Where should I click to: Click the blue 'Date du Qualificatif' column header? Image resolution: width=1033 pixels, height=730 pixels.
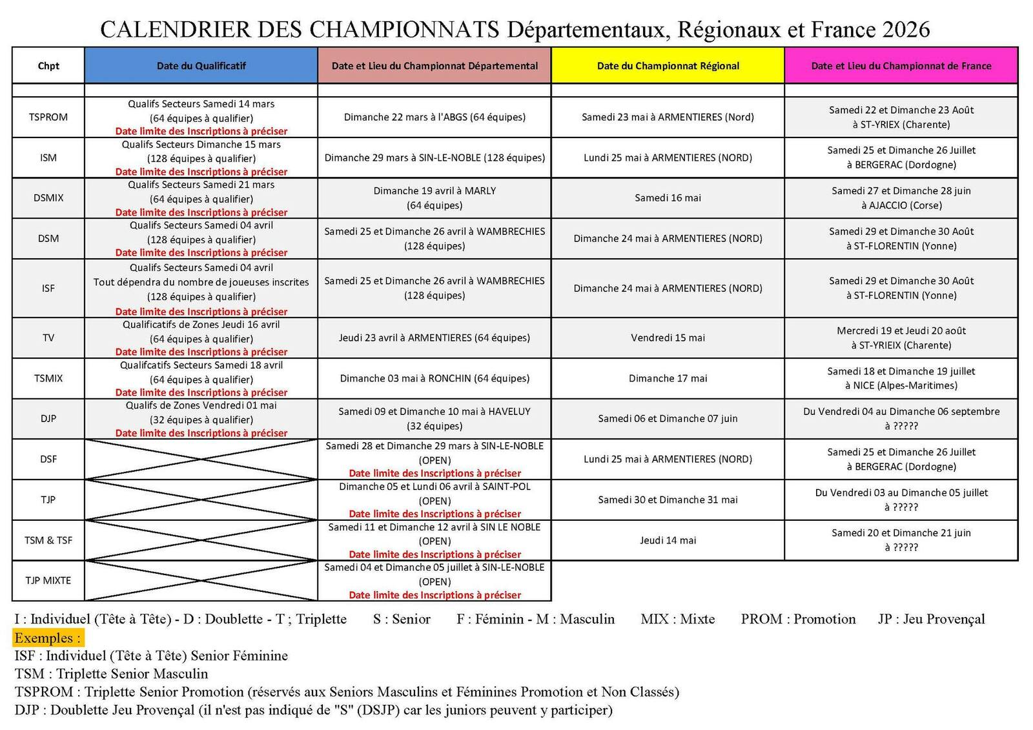pos(201,66)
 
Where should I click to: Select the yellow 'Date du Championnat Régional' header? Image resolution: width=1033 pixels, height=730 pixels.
pos(668,66)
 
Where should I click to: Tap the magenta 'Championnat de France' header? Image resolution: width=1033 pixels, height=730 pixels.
pos(901,66)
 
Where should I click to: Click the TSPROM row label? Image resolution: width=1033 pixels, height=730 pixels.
pos(48,117)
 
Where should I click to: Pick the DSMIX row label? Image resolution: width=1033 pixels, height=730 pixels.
pos(48,198)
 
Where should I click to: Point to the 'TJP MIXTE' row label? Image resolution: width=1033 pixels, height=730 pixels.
pos(48,580)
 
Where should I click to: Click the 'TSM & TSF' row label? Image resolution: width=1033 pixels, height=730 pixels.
pos(48,540)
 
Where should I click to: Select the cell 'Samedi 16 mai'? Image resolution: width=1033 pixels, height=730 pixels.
pos(668,198)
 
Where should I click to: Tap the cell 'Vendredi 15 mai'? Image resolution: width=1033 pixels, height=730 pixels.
pos(668,338)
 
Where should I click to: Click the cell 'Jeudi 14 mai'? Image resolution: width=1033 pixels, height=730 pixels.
pos(668,540)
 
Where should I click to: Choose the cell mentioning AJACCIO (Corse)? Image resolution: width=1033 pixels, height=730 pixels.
pos(901,198)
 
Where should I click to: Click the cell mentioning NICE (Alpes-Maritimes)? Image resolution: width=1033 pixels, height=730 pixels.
pos(901,378)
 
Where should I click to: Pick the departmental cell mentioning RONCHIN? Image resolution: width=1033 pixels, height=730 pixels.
pos(435,378)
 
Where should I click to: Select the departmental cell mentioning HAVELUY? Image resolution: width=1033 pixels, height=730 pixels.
pos(435,418)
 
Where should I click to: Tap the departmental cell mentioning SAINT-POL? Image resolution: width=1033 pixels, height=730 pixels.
pos(435,500)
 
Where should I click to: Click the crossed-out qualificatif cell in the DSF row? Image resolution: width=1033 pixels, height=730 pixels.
pos(201,459)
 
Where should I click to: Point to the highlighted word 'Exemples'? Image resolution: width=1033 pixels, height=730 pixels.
pos(48,638)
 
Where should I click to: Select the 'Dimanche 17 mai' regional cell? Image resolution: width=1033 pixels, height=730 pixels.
pos(668,378)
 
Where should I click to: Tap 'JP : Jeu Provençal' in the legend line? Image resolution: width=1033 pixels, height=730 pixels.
pos(931,619)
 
